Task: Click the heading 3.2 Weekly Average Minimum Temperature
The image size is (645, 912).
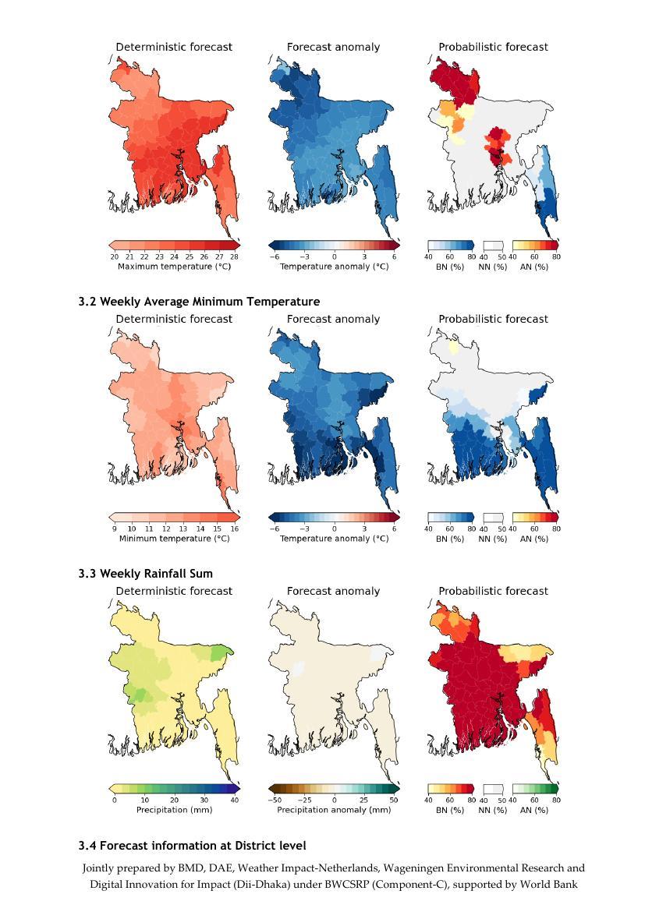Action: tap(199, 302)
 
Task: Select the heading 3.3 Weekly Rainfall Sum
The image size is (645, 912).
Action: tap(145, 574)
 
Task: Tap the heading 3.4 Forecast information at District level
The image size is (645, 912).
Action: tap(192, 846)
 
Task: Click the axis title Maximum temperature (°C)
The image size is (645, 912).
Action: tap(174, 267)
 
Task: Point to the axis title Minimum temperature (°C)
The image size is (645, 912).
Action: tap(174, 539)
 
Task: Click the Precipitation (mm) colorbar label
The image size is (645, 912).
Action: tap(174, 810)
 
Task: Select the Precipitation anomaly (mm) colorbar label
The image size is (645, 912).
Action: tap(334, 810)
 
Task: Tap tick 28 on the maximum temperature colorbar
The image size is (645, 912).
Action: tap(234, 256)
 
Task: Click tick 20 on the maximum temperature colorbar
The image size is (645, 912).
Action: tap(114, 256)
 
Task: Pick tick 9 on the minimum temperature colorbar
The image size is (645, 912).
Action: tap(114, 528)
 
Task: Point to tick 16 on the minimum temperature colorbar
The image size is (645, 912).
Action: tap(234, 528)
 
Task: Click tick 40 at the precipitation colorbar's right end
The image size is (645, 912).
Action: tap(234, 801)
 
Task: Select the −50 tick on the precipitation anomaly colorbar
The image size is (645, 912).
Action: tap(274, 801)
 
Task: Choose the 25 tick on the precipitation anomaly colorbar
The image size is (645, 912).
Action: tap(364, 801)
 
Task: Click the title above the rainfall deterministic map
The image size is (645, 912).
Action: tap(174, 591)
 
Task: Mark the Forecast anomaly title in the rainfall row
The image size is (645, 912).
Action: tap(334, 591)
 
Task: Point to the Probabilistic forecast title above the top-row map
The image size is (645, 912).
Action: tap(493, 47)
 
